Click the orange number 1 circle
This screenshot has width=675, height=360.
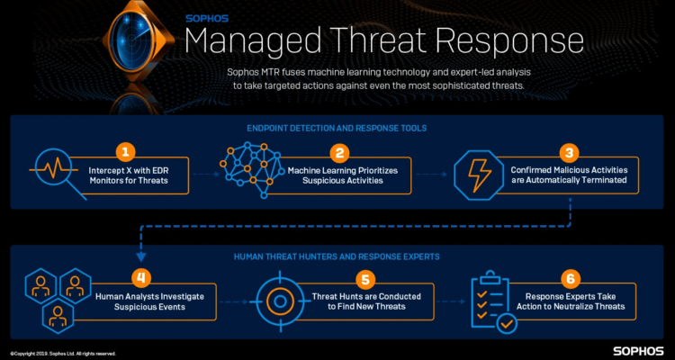(126, 152)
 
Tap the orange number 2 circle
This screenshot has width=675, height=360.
(339, 152)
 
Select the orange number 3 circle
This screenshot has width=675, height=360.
(569, 152)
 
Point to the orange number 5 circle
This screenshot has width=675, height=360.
(365, 279)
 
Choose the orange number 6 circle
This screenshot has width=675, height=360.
(571, 279)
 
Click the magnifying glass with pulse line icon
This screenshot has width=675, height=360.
(58, 173)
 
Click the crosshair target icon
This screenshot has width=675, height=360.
(280, 301)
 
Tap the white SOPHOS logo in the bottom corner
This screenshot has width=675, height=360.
(639, 350)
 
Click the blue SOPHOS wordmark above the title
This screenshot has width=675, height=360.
(207, 19)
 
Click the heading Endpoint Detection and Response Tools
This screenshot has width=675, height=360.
(337, 128)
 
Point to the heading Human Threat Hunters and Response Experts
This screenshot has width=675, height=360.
(337, 256)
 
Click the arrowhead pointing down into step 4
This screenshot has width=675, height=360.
(141, 257)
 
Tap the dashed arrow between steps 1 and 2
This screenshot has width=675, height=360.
(206, 175)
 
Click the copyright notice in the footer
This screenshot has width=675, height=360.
(63, 353)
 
